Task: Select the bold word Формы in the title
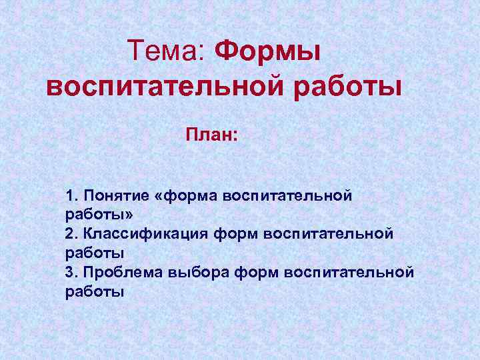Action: tap(269, 51)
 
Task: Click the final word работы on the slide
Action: tap(95, 291)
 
